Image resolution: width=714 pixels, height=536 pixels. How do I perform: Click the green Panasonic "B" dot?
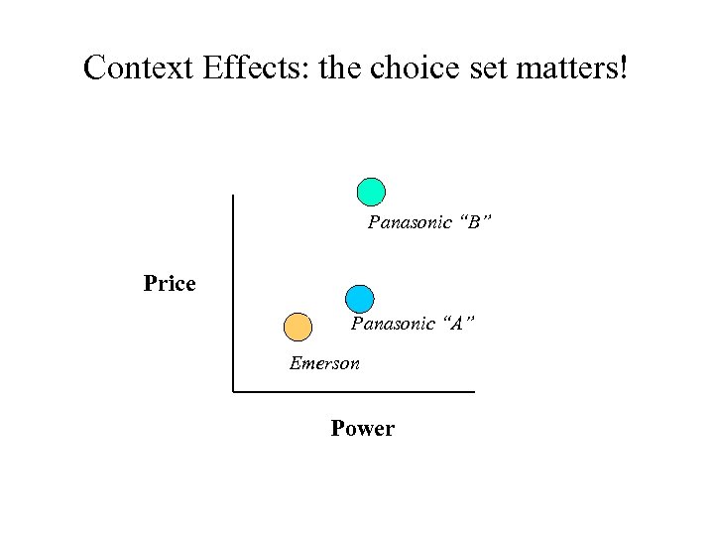pyautogui.click(x=371, y=192)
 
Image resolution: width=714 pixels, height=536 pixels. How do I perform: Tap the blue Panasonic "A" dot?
pyautogui.click(x=360, y=299)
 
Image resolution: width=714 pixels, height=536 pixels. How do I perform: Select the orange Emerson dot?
pyautogui.click(x=297, y=327)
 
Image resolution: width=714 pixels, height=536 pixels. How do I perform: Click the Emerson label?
pyautogui.click(x=324, y=363)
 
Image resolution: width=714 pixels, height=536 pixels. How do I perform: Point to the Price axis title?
pyautogui.click(x=170, y=284)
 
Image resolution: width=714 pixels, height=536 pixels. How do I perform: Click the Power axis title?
pyautogui.click(x=362, y=429)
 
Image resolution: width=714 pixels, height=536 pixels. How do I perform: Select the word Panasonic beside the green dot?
pyautogui.click(x=406, y=222)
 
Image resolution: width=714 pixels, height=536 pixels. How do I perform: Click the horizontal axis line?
pyautogui.click(x=357, y=391)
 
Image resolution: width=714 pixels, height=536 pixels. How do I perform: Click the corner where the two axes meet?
pyautogui.click(x=232, y=391)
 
